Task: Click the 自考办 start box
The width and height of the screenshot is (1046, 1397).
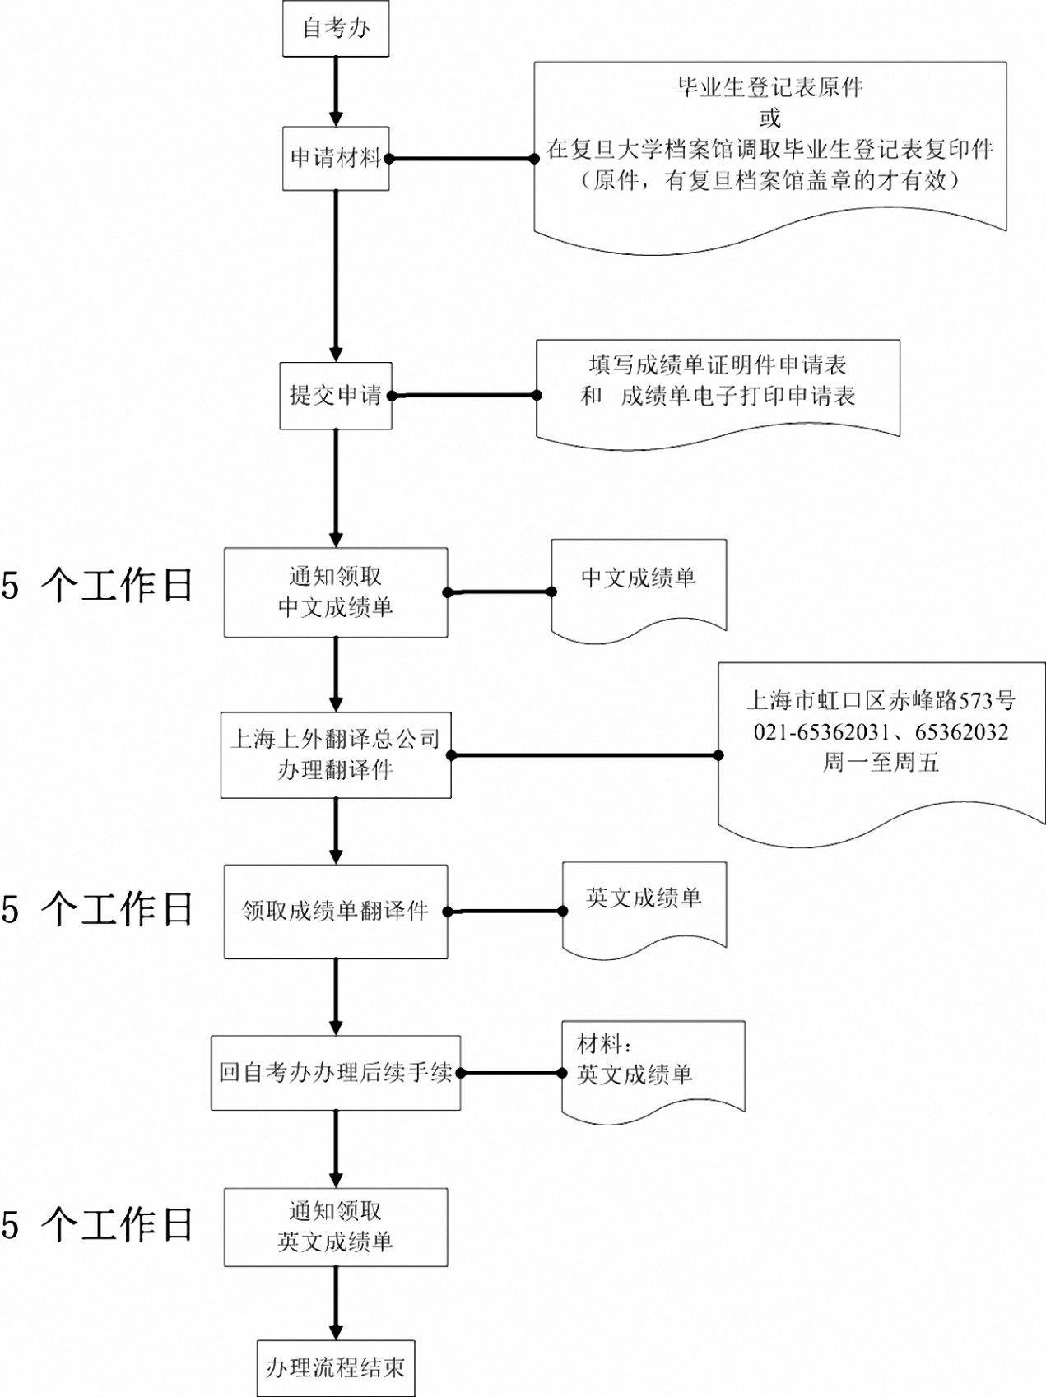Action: (336, 29)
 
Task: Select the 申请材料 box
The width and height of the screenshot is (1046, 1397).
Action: (336, 158)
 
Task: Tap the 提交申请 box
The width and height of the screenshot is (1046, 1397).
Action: (336, 396)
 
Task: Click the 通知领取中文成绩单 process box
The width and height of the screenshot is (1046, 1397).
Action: (336, 592)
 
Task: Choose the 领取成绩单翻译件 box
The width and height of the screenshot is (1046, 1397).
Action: (336, 912)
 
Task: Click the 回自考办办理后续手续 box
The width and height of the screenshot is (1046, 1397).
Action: (336, 1073)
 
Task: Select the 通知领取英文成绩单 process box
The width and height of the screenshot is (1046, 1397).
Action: (336, 1227)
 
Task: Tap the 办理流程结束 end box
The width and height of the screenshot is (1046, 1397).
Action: (336, 1368)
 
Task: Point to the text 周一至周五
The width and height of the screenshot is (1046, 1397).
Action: (881, 763)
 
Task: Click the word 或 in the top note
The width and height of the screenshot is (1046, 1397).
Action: (769, 118)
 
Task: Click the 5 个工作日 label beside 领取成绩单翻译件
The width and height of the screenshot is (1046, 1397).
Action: (97, 910)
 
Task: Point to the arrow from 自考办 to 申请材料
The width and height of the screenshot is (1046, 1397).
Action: (336, 91)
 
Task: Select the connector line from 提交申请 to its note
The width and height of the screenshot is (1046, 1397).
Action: (464, 396)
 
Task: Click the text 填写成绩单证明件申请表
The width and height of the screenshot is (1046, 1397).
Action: (718, 365)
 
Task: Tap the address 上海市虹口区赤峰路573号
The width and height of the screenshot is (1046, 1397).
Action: (881, 701)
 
